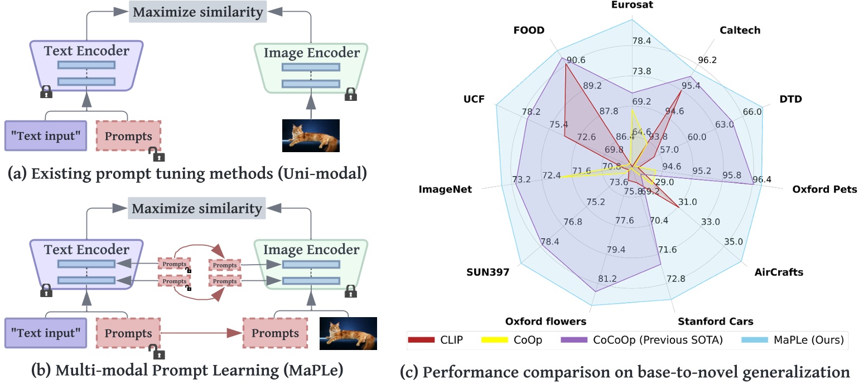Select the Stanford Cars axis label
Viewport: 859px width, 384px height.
click(x=715, y=322)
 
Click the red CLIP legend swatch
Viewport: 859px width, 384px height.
click(x=422, y=339)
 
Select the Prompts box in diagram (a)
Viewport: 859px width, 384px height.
click(x=128, y=136)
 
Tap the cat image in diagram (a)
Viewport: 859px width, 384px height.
click(x=311, y=135)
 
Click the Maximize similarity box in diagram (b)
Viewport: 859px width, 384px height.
click(x=196, y=209)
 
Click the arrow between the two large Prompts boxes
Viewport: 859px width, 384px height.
click(x=201, y=334)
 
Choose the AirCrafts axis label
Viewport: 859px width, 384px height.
click(x=779, y=273)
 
